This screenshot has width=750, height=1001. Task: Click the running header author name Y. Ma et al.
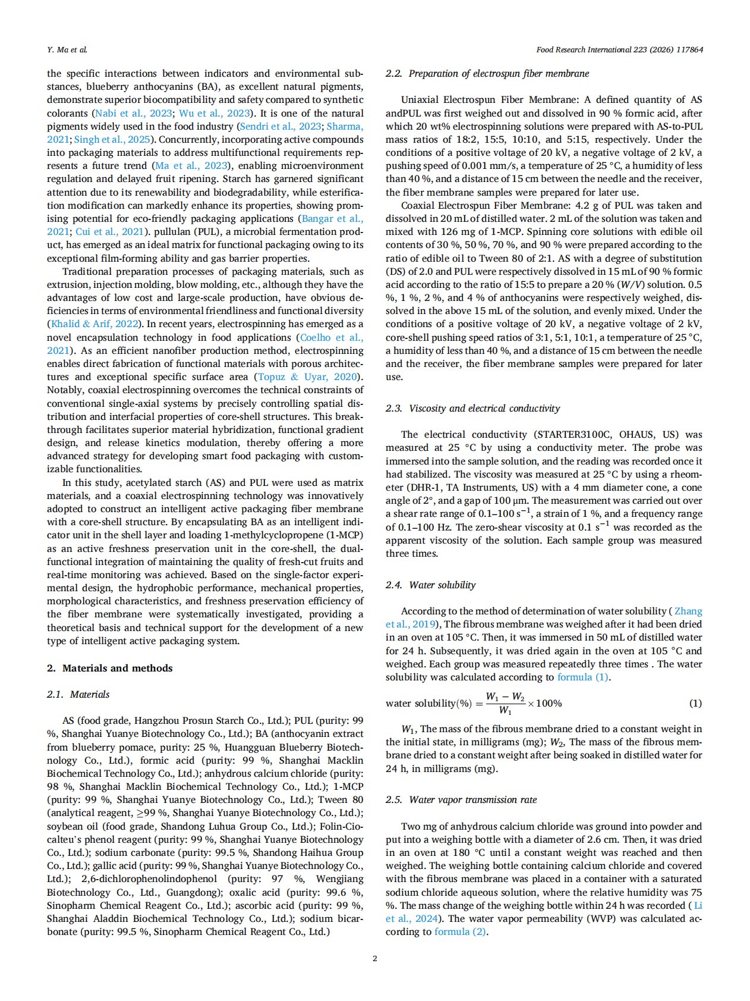tap(67, 50)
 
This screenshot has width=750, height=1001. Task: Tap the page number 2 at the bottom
tap(374, 958)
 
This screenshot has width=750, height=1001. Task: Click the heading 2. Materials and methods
tap(110, 668)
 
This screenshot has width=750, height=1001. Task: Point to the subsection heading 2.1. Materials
tap(78, 694)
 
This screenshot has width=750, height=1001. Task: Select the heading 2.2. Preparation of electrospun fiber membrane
tap(487, 74)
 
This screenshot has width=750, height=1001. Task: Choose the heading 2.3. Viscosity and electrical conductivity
tap(472, 409)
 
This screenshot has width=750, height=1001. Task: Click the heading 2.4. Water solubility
tap(430, 585)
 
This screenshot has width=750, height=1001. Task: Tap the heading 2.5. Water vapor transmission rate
tap(461, 800)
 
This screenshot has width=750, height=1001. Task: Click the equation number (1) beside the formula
tap(695, 704)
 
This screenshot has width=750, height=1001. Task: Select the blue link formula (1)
tap(583, 677)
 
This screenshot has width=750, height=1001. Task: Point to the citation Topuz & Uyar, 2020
tap(308, 377)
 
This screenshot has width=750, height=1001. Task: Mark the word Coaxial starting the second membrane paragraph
tap(419, 206)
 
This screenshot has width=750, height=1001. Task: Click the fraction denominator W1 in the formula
tap(505, 710)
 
